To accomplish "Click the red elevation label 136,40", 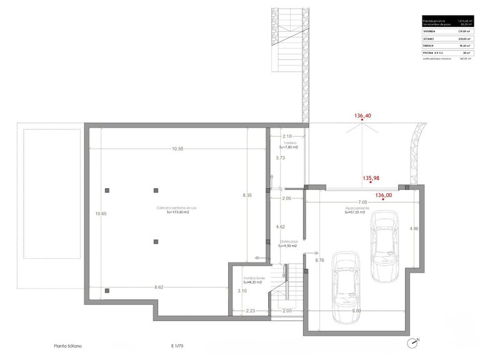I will point(362,116).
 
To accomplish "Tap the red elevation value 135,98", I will point(371,178).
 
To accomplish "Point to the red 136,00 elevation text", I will point(384,195).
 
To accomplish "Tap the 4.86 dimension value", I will point(414,229).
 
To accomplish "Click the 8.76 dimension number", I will point(319,259).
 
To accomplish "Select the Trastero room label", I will point(288,143).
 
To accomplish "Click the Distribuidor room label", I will point(288,241).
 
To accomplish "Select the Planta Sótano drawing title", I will point(67,346).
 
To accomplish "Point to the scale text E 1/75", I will point(177,346).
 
